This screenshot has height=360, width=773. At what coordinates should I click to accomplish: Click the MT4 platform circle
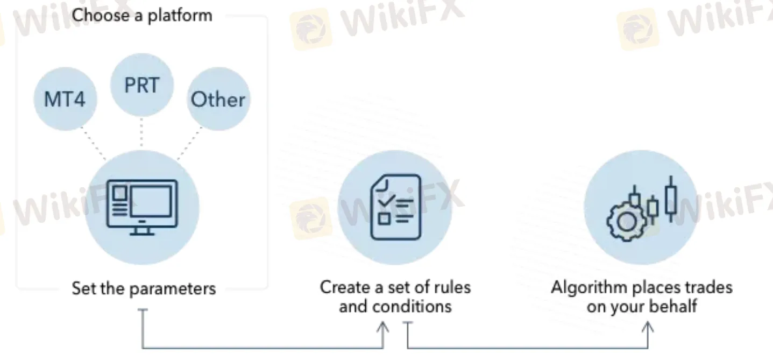[x=65, y=100]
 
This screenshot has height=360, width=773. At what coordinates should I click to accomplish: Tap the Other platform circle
[x=218, y=100]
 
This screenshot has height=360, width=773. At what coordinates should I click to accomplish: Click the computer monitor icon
[x=142, y=207]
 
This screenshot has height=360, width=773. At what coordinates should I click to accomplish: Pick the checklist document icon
[x=395, y=207]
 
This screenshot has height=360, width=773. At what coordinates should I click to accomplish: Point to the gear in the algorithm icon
[x=626, y=221]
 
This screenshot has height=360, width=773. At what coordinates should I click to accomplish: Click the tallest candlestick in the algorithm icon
[x=670, y=198]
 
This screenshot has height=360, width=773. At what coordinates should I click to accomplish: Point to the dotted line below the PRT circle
[x=141, y=132]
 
